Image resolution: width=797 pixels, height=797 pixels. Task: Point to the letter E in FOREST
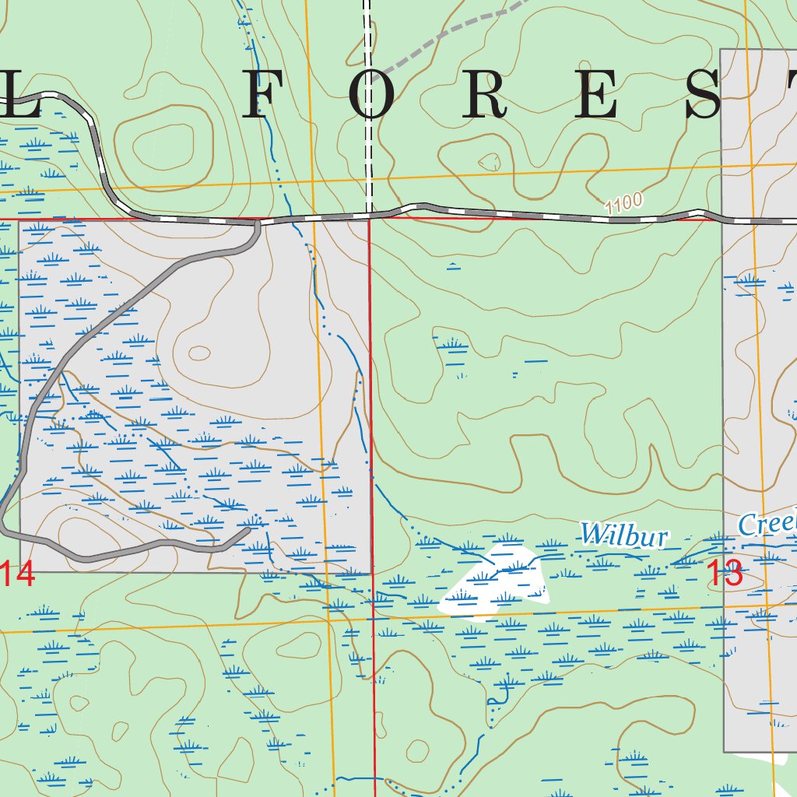[x=600, y=93]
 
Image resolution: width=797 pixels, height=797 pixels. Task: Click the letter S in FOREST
[x=711, y=93]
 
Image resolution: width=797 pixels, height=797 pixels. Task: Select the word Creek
[x=767, y=524]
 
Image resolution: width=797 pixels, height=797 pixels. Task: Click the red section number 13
[x=725, y=575]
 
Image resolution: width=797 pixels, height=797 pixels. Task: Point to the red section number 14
[x=17, y=575]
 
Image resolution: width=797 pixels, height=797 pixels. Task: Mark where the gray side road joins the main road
[x=258, y=223]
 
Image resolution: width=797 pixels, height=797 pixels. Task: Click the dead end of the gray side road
[x=248, y=530]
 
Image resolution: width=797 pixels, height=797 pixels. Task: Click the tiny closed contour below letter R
[x=490, y=162]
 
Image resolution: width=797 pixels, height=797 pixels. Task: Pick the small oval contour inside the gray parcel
[x=200, y=353]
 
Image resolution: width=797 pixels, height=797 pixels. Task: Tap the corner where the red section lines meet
[x=370, y=219]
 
